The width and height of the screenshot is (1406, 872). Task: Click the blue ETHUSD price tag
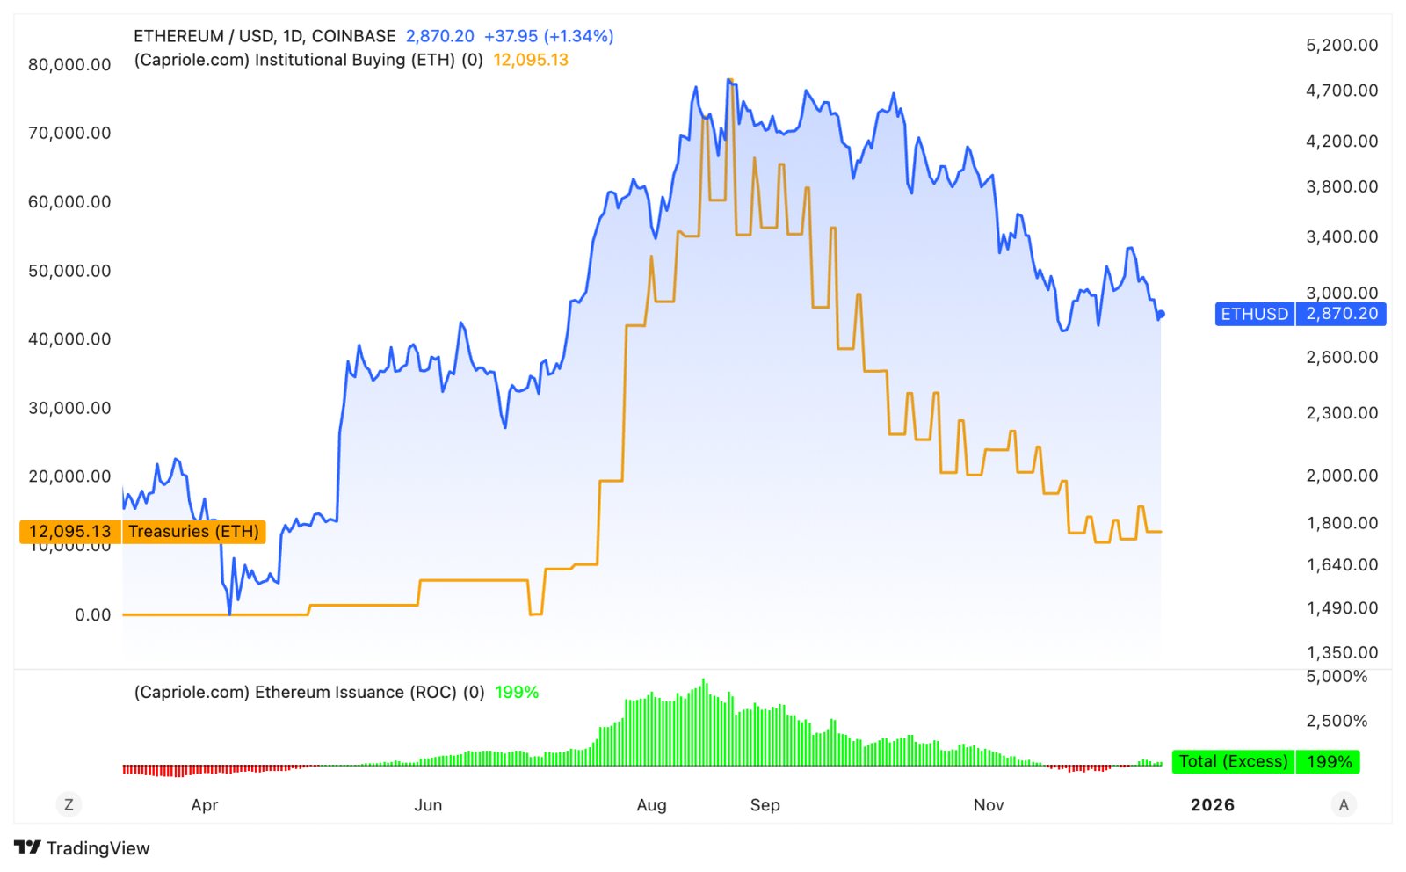pos(1300,314)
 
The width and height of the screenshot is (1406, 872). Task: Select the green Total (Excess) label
pos(1265,761)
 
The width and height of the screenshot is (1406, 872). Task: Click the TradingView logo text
pos(98,848)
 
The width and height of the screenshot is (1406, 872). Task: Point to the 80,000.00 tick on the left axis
pos(69,65)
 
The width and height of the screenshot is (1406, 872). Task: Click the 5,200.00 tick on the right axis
pos(1342,45)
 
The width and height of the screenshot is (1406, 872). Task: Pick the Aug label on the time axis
pos(651,805)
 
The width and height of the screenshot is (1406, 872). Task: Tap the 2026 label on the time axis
pos(1213,805)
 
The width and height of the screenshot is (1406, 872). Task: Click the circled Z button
pos(69,804)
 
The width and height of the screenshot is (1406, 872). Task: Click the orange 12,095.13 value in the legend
pos(531,61)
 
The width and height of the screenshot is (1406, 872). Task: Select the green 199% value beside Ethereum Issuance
pos(517,693)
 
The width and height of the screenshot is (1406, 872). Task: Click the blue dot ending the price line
pos(1161,314)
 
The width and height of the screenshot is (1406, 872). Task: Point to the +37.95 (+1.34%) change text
pos(548,36)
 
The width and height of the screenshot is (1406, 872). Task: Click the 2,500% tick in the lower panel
pos(1337,721)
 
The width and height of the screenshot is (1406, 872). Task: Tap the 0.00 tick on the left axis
pos(93,615)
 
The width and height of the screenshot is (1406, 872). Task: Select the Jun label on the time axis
pos(428,805)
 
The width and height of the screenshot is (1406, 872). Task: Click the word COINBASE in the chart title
pos(353,36)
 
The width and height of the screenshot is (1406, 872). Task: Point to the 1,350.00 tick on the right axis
pos(1342,653)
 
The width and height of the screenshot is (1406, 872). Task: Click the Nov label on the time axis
pos(989,805)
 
